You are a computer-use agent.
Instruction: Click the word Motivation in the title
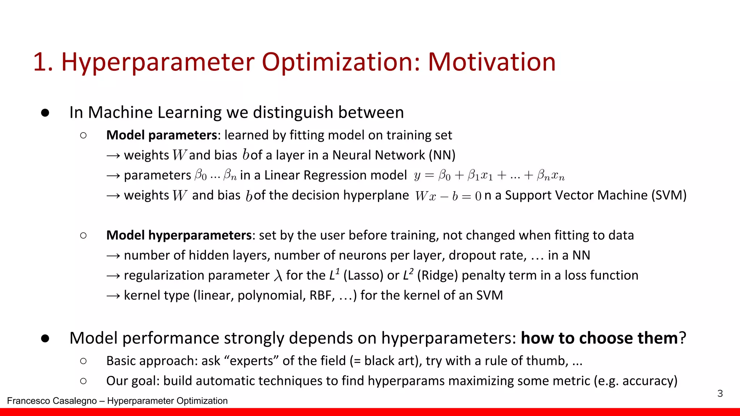(491, 62)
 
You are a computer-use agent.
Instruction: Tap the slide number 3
(720, 393)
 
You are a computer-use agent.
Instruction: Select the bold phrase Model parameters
(162, 135)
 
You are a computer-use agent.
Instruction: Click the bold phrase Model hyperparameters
(179, 235)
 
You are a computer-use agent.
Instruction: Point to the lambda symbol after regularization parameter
(278, 276)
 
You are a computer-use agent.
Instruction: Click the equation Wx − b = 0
(448, 196)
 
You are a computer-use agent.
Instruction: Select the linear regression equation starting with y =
(489, 176)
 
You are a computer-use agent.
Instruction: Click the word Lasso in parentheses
(363, 276)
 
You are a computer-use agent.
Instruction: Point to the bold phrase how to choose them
(599, 338)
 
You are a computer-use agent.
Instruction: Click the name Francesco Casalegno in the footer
(52, 401)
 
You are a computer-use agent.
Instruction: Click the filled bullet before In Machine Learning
(45, 113)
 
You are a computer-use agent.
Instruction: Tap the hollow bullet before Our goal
(83, 381)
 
